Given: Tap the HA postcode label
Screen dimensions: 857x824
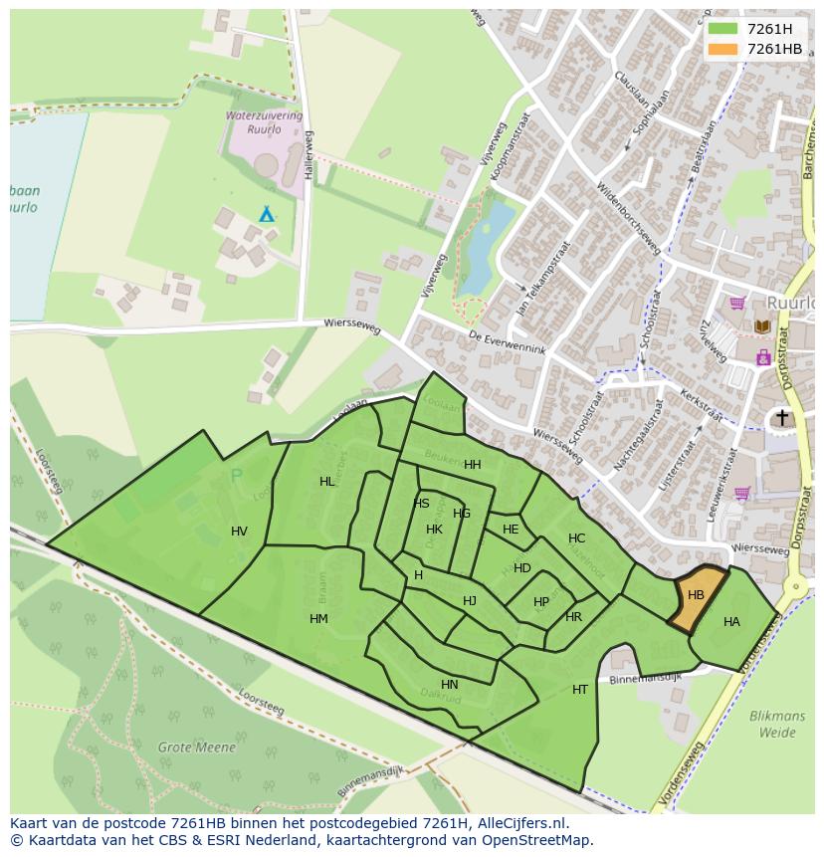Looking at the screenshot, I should [x=731, y=622].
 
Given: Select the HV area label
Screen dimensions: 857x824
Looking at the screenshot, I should [x=239, y=532].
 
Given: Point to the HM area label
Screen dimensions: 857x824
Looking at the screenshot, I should [x=318, y=619].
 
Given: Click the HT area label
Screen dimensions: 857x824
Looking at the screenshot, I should [x=580, y=690].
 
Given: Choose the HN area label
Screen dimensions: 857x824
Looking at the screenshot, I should [x=450, y=685].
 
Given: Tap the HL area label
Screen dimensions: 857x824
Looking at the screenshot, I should [x=327, y=482].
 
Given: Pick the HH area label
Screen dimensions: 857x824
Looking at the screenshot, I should [x=473, y=465].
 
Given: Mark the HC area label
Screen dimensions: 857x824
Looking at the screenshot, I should [x=577, y=538].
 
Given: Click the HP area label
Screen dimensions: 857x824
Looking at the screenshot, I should [x=541, y=602].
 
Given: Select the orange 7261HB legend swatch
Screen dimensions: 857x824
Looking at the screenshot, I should [x=723, y=49].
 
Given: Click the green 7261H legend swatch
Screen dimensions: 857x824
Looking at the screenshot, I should [x=723, y=29].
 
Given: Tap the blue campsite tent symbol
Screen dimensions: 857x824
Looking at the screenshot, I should [x=267, y=214].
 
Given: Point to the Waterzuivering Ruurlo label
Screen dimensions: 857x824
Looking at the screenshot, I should [x=264, y=122].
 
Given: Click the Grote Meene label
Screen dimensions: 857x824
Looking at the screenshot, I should [x=197, y=747].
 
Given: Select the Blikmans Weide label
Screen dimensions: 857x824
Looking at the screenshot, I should [x=778, y=724].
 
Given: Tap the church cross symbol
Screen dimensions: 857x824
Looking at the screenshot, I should [x=782, y=417].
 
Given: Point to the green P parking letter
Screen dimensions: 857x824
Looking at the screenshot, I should [x=236, y=477].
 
